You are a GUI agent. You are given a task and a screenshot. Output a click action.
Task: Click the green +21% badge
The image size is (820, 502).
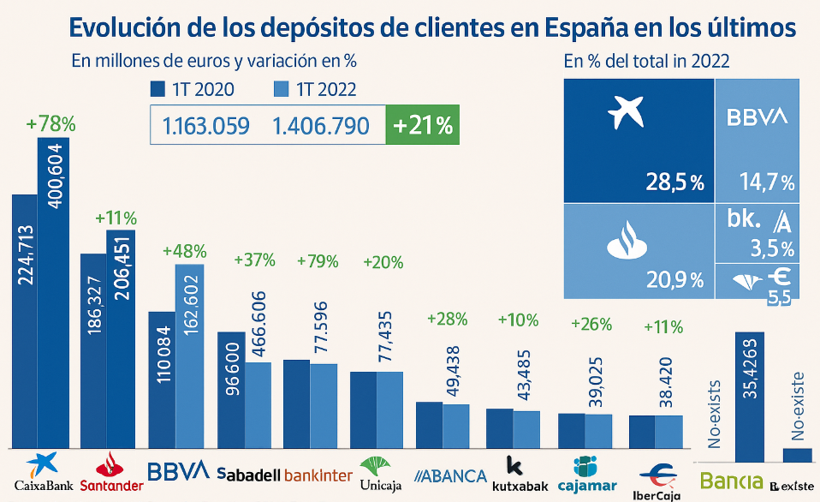click(423, 126)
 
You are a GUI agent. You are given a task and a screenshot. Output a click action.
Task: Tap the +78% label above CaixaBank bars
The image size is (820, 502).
click(51, 123)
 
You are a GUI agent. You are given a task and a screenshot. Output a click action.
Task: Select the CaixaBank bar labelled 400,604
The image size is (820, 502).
click(53, 291)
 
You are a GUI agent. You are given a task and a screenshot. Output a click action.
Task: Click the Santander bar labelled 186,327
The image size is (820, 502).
click(92, 350)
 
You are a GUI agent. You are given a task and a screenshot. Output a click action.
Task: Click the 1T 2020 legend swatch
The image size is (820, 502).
click(157, 90)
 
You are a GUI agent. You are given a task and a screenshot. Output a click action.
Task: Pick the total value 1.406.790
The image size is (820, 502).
click(321, 127)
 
